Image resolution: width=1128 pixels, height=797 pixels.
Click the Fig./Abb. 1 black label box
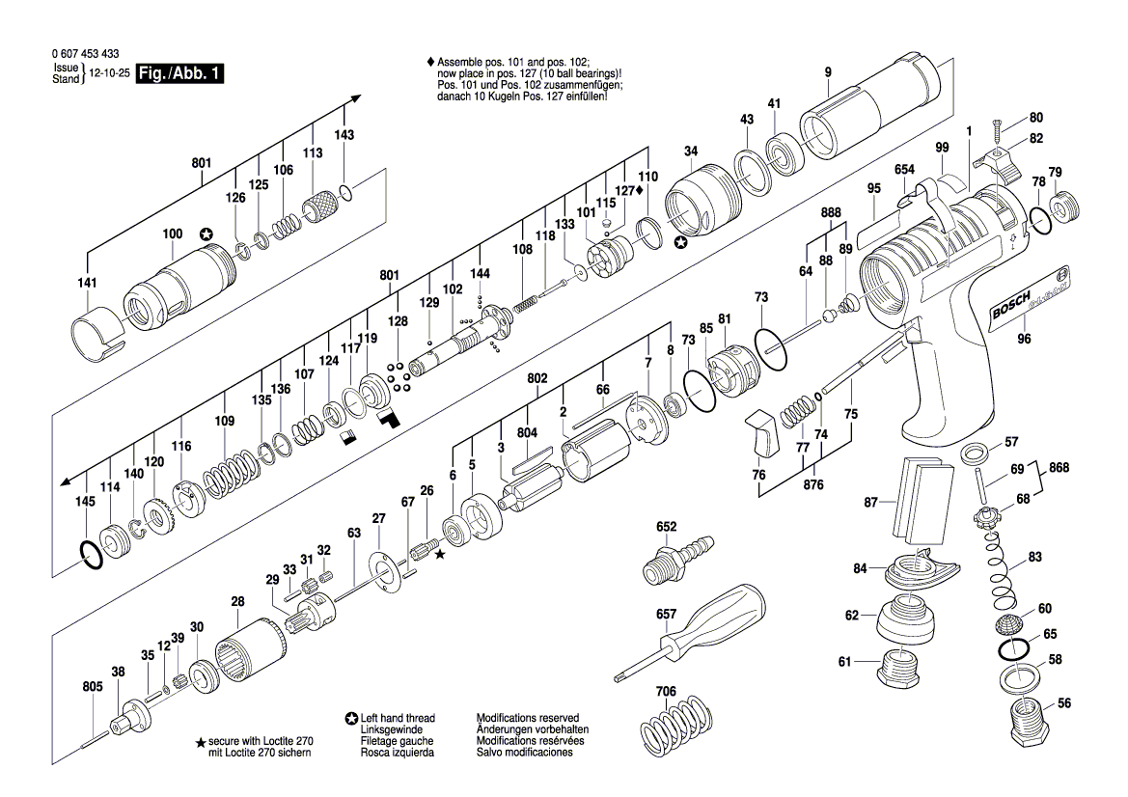(x=180, y=74)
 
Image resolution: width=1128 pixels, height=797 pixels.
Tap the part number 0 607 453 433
(x=80, y=55)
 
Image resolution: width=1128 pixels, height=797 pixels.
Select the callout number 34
(x=690, y=151)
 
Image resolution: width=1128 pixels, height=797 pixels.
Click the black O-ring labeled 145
(x=89, y=555)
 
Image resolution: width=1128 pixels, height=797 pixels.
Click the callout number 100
(x=172, y=234)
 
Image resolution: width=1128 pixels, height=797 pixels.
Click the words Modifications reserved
(x=527, y=718)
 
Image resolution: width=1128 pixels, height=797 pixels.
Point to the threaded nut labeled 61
(x=901, y=666)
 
